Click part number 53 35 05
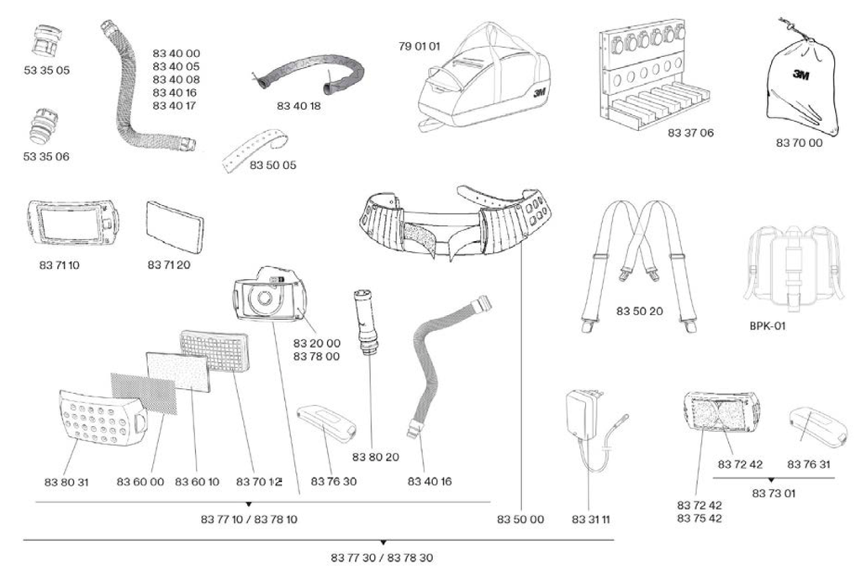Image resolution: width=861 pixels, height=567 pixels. click(x=46, y=71)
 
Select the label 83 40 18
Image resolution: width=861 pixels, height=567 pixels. click(x=299, y=106)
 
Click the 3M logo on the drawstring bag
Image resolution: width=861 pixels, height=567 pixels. click(x=800, y=75)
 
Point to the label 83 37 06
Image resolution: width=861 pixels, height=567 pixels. click(x=690, y=133)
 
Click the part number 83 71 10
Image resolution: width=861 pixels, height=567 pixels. click(x=59, y=265)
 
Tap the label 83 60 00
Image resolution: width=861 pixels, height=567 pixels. click(x=140, y=482)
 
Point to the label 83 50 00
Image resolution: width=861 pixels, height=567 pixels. click(x=520, y=520)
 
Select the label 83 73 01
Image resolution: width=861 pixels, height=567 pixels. click(x=774, y=493)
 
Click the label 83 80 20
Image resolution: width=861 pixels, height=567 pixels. click(x=375, y=457)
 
